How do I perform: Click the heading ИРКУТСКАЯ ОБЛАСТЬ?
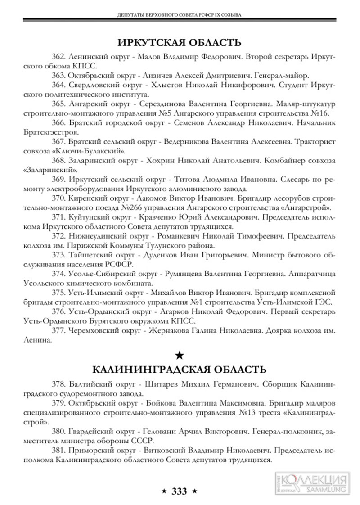pos(180,43)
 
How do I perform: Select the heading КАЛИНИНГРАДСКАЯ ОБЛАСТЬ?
pos(180,370)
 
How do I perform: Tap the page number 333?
pos(179,491)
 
